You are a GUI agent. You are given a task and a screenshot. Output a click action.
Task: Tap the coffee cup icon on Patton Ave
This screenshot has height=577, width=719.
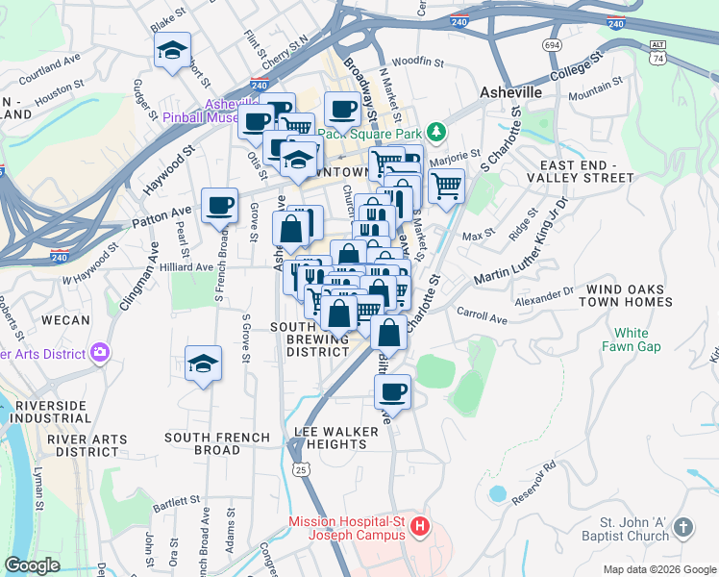pos(220,205)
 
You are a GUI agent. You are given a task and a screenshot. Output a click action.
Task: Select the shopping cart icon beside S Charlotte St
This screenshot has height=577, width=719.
pos(446,186)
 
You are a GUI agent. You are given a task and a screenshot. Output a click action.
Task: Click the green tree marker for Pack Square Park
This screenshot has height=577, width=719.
pos(436,131)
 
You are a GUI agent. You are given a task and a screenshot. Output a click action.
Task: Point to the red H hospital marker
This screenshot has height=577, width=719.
pos(419,527)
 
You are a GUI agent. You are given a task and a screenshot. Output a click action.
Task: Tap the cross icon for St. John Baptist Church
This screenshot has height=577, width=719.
pos(682,527)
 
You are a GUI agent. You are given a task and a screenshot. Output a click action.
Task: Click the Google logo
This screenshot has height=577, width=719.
pos(33,565)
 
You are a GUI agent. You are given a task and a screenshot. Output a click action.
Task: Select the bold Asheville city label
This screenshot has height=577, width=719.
pos(510,92)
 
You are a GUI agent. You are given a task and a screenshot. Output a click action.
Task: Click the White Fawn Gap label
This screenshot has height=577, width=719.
pos(632,339)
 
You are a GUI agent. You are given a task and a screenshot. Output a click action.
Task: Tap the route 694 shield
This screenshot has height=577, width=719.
pos(552,45)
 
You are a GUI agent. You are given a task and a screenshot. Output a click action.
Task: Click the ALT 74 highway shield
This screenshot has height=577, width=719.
pos(657,52)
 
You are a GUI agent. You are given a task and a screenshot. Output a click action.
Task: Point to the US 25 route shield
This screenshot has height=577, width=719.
pos(302,469)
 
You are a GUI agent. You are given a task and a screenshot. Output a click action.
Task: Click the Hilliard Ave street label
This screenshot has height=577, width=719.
pos(186,266)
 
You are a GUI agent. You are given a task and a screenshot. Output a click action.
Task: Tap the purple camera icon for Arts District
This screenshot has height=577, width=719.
pos(100,353)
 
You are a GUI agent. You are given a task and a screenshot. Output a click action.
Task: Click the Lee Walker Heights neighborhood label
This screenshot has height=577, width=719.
pos(331,438)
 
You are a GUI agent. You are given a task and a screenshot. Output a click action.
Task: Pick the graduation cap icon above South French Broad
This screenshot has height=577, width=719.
pos(203,364)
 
